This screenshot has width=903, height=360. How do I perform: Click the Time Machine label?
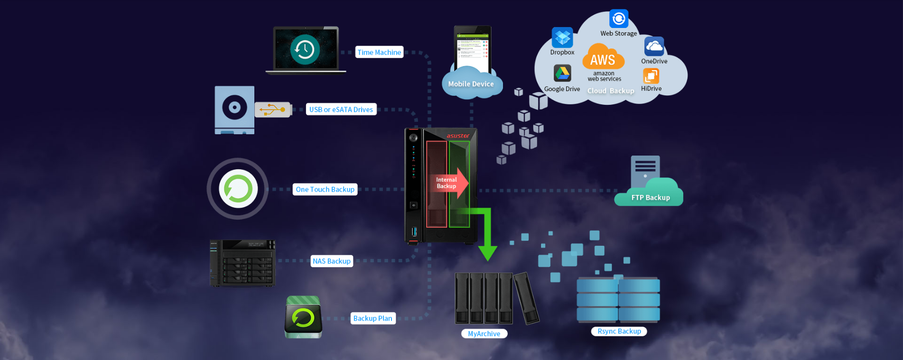click(x=379, y=52)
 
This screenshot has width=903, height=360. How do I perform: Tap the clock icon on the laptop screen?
click(x=305, y=49)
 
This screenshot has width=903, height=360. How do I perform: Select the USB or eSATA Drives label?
click(x=341, y=110)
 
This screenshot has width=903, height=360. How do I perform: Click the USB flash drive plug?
click(x=273, y=110)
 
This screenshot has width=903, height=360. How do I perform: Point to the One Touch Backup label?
click(x=325, y=189)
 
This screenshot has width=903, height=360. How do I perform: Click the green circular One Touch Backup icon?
click(x=238, y=189)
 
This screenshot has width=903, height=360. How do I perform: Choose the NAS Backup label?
click(x=332, y=261)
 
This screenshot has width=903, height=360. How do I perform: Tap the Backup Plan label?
click(x=372, y=318)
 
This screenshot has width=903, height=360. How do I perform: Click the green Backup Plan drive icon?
click(x=303, y=317)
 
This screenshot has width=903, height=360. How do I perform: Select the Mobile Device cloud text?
click(x=471, y=84)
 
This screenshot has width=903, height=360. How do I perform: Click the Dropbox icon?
click(x=562, y=37)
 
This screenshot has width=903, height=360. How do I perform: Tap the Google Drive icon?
click(x=562, y=73)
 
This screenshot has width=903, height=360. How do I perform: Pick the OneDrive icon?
click(x=654, y=46)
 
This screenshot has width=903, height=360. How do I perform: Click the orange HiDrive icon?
click(x=651, y=76)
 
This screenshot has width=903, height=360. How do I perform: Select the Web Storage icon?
click(x=619, y=19)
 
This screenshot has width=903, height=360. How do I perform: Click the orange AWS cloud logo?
click(x=603, y=57)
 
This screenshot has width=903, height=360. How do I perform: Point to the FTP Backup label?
click(x=650, y=197)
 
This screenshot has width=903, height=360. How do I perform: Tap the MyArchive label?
click(x=484, y=333)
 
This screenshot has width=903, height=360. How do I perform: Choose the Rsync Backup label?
click(x=619, y=331)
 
